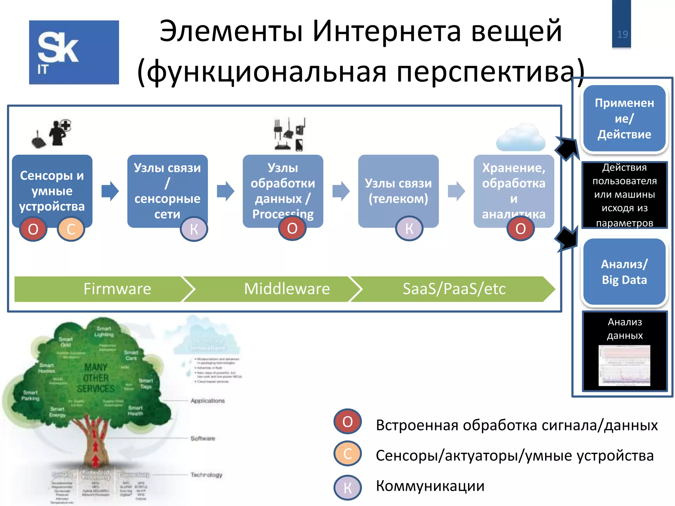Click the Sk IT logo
pyautogui.click(x=74, y=52)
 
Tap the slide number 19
pyautogui.click(x=622, y=34)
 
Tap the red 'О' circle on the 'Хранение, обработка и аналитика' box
pyautogui.click(x=520, y=229)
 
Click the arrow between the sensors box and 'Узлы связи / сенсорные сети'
pyautogui.click(x=110, y=191)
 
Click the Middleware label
pyautogui.click(x=287, y=289)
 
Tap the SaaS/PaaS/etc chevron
pyautogui.click(x=454, y=289)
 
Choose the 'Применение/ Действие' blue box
pyautogui.click(x=624, y=119)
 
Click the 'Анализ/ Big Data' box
pyautogui.click(x=624, y=272)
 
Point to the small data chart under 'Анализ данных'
pyautogui.click(x=624, y=366)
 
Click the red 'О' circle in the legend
pyautogui.click(x=347, y=421)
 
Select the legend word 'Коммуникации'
pyautogui.click(x=430, y=486)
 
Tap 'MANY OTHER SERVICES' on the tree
pyautogui.click(x=96, y=378)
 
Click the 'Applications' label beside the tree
pyautogui.click(x=208, y=401)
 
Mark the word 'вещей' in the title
pyautogui.click(x=516, y=31)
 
